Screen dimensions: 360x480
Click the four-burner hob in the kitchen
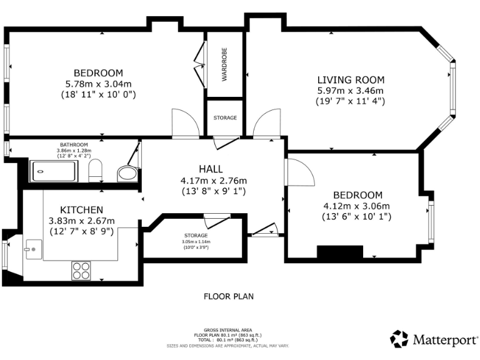[81, 269]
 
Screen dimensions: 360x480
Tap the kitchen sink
[31, 249]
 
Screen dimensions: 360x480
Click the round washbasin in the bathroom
[127, 173]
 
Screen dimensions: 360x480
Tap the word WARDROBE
[224, 65]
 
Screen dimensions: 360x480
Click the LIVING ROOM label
[351, 80]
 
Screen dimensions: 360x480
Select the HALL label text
[209, 169]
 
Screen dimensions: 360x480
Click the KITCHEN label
[81, 209]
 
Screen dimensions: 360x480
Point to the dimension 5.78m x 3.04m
[98, 84]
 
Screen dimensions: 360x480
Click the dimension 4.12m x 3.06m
[356, 206]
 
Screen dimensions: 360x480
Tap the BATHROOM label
[74, 144]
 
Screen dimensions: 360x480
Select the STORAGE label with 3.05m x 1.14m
[195, 236]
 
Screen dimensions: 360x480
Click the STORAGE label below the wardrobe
[225, 117]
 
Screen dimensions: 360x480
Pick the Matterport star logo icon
[399, 339]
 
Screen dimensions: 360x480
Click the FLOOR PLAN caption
[229, 296]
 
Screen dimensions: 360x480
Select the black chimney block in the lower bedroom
[340, 252]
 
